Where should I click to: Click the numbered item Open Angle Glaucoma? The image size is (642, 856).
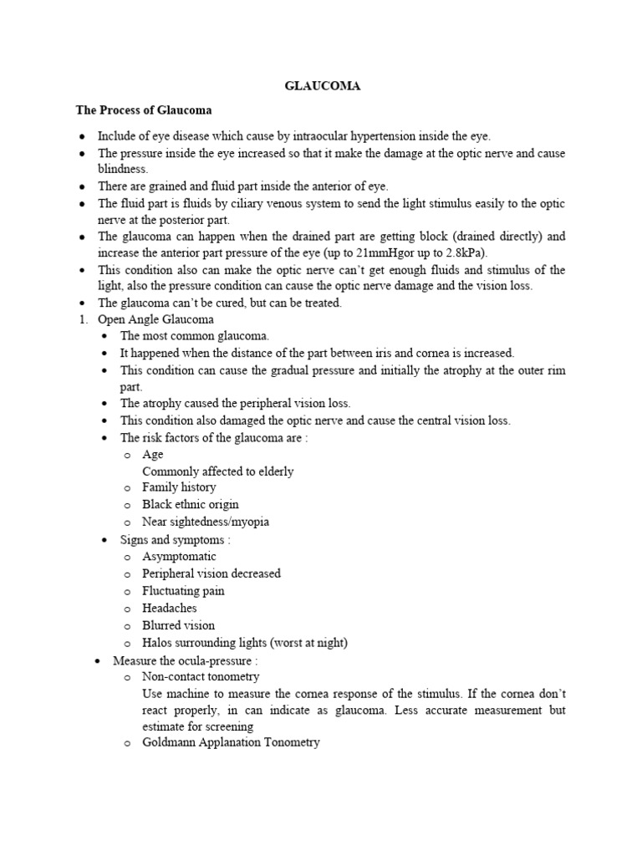155,318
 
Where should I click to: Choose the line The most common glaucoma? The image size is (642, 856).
195,335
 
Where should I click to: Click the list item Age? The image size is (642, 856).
153,454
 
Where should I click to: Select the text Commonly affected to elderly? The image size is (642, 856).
218,471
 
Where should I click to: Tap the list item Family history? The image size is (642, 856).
179,487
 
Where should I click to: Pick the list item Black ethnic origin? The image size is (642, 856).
191,504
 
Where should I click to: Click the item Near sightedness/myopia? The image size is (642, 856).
206,522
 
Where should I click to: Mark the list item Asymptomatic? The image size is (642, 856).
179,557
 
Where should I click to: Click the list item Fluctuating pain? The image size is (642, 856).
183,591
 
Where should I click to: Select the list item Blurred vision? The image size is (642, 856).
178,625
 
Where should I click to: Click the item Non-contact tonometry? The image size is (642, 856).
201,676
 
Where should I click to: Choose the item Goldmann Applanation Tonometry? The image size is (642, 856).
231,742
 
